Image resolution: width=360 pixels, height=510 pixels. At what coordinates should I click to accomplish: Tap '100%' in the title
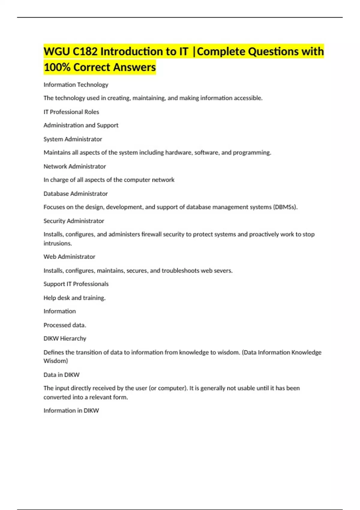[x=57, y=67]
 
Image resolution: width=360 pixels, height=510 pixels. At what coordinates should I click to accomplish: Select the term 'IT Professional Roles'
[x=71, y=112]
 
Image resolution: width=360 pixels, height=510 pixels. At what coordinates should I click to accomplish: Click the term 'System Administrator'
[x=73, y=139]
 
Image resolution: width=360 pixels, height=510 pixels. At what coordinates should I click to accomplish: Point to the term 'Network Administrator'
[x=75, y=166]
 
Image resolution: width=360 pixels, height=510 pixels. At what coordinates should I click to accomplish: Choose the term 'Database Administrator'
[x=76, y=194]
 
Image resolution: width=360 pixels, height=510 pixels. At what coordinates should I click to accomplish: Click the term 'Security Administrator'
[x=74, y=221]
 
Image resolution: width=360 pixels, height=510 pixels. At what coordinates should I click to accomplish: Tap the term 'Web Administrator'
[x=69, y=257]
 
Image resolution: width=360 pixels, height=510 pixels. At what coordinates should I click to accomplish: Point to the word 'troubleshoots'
[x=180, y=271]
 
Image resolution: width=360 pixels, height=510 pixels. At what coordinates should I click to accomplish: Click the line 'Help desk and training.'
[x=74, y=298]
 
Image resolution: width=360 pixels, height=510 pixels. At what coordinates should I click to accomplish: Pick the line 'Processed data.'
[x=65, y=325]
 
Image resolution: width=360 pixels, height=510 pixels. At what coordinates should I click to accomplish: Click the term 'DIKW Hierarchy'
[x=65, y=339]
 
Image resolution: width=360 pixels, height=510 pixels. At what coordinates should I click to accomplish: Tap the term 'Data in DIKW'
[x=61, y=375]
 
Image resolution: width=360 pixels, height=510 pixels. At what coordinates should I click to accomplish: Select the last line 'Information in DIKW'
[x=71, y=411]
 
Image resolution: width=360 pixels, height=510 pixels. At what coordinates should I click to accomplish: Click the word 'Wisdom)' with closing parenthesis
[x=56, y=361]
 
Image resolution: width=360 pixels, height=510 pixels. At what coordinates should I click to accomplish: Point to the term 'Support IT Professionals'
[x=76, y=284]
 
